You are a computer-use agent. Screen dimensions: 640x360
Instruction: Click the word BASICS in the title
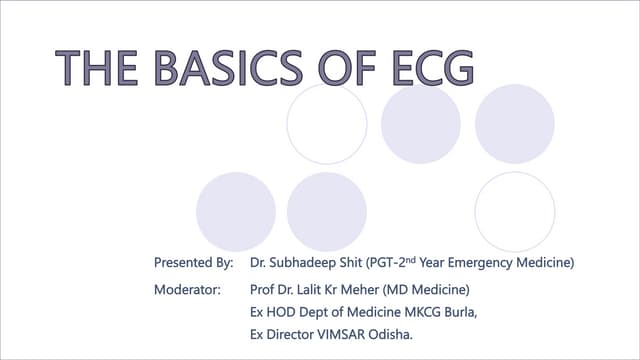coord(228,68)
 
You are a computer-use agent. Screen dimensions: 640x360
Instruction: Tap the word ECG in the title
coord(433,68)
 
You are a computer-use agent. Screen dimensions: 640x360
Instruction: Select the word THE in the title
coord(96,68)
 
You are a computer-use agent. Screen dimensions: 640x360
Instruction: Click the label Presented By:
coord(193,262)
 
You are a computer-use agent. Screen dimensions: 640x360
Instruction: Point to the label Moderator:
coord(187,290)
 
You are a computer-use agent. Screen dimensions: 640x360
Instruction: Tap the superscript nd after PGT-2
coord(411,259)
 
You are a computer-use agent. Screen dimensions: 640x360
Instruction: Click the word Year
coord(432,262)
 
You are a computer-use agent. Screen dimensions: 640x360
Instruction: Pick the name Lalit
coord(309,290)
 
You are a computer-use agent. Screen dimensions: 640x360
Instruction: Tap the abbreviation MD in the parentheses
coord(396,290)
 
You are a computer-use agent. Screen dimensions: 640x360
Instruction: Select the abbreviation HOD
coord(281,312)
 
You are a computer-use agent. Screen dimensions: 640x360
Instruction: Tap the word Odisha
coord(390,335)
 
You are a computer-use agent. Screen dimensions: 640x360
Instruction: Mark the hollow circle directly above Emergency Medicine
coord(475,212)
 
